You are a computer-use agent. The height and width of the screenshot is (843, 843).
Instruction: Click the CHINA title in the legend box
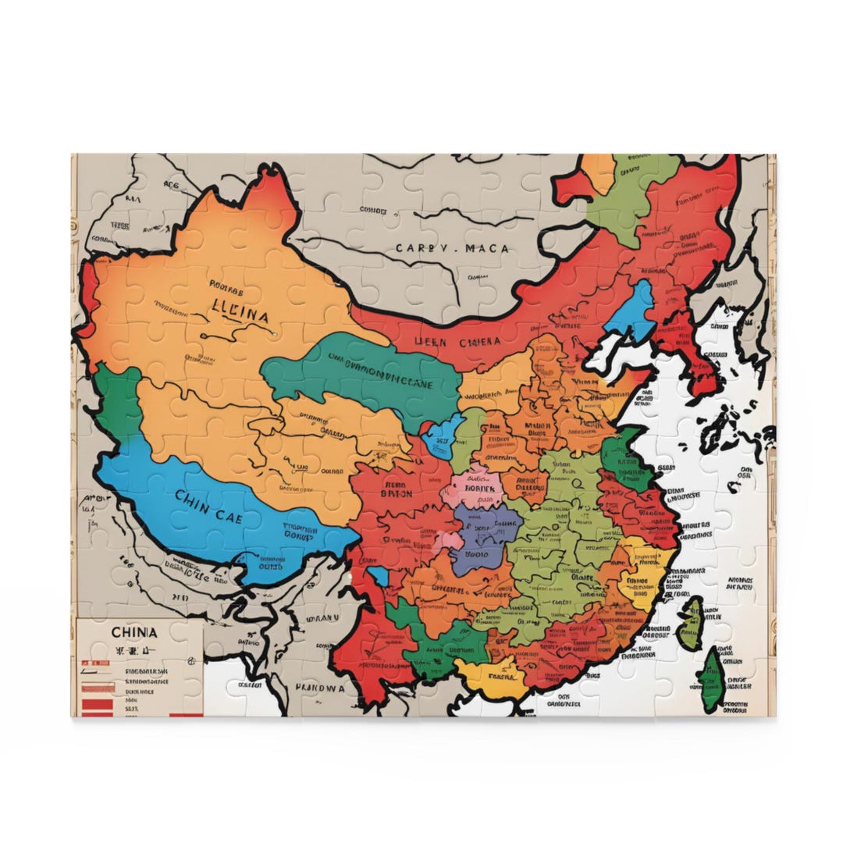[x=133, y=631]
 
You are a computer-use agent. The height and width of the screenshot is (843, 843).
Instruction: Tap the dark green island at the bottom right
[x=712, y=681]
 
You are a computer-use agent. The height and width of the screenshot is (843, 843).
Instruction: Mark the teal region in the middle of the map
[x=359, y=375]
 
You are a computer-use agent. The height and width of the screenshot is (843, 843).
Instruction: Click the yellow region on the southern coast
[x=489, y=676]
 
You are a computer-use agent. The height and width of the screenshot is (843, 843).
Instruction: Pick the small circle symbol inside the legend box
[x=191, y=660]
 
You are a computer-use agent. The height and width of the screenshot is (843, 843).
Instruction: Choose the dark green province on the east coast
[x=624, y=461]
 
